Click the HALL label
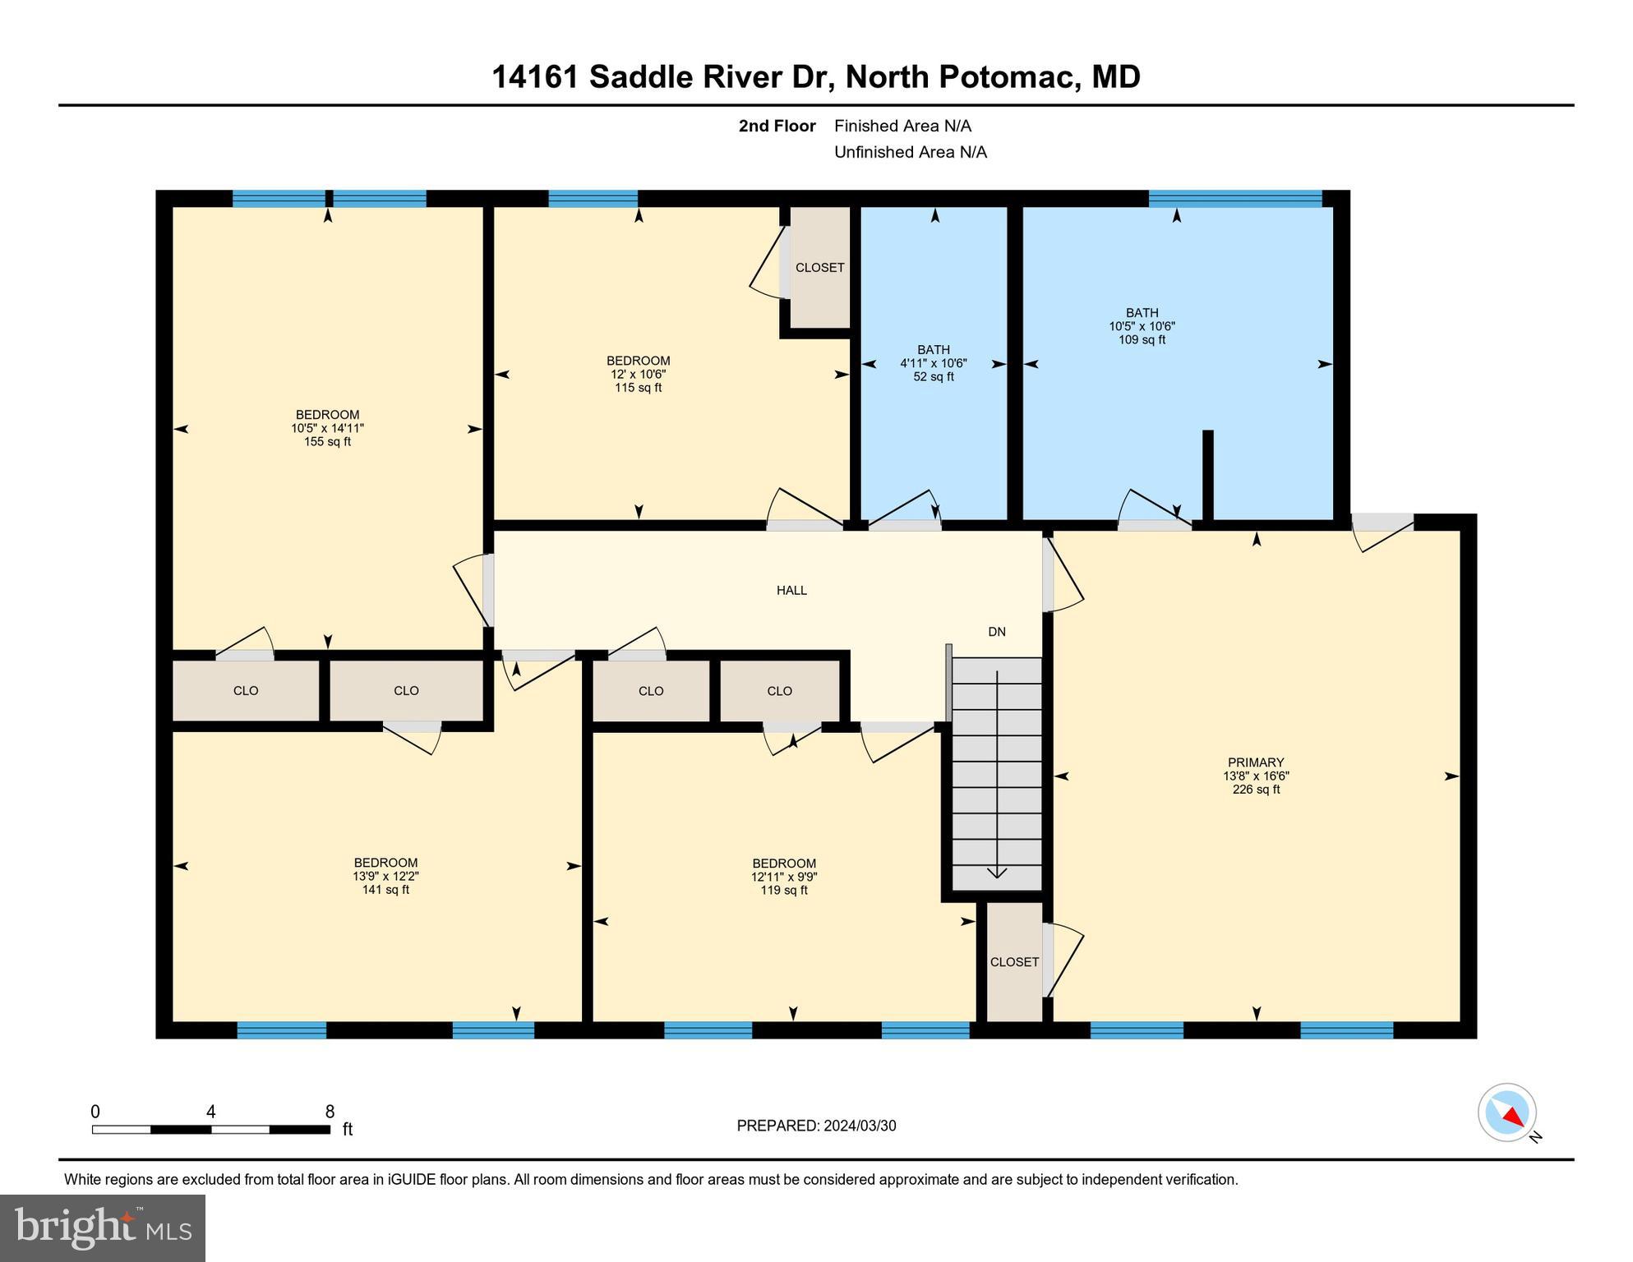click(791, 590)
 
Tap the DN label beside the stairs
click(996, 632)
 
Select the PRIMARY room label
click(1255, 762)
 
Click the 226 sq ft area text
click(1255, 790)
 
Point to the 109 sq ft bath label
click(1142, 339)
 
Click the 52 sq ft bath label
click(933, 377)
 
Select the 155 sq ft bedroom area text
click(327, 442)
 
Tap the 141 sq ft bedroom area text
click(385, 890)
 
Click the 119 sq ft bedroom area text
click(783, 891)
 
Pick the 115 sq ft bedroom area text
click(638, 388)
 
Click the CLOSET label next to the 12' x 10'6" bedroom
click(819, 268)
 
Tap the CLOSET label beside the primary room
click(1014, 962)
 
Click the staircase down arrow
click(996, 871)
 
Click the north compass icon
click(1507, 1112)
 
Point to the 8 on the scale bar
click(330, 1112)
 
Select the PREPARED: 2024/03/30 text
click(816, 1126)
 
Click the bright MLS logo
click(103, 1227)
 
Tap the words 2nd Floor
click(777, 126)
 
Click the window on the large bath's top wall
click(1234, 198)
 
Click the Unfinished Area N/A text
click(910, 152)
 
